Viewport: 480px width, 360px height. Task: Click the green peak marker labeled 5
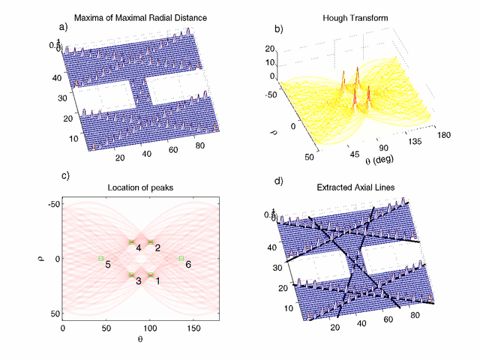100,258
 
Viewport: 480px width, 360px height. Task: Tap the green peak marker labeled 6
181,258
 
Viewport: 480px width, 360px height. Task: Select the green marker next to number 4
131,241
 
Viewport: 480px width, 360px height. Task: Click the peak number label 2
157,247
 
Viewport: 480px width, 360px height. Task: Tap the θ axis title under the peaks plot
140,340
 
